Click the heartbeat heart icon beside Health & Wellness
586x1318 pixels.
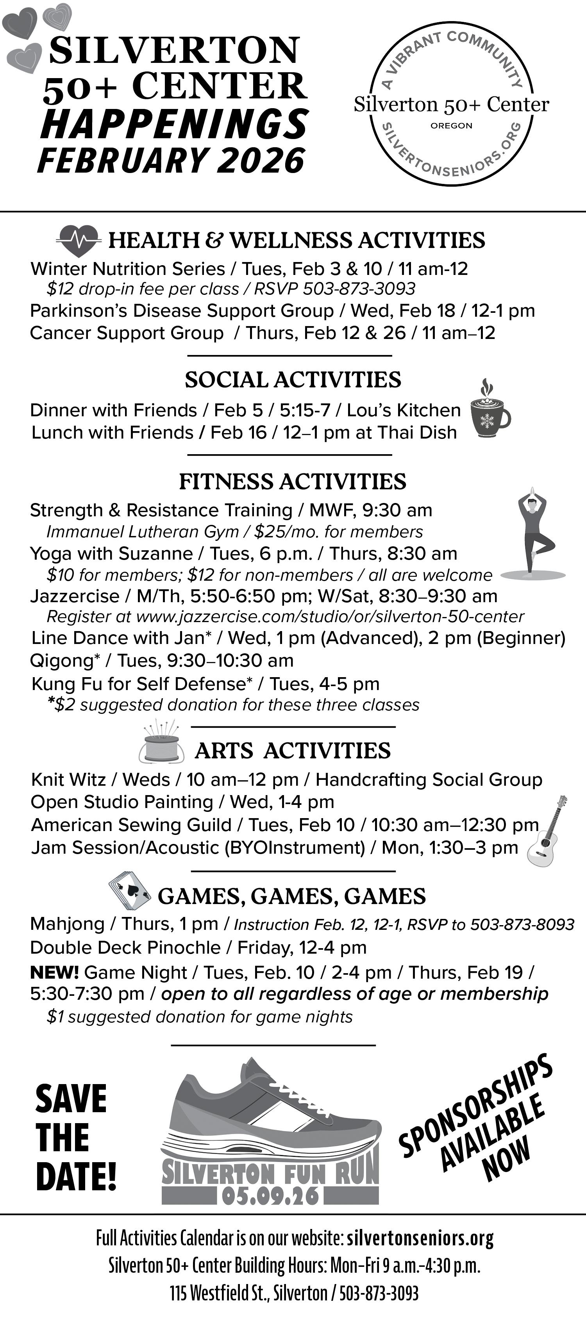pyautogui.click(x=77, y=241)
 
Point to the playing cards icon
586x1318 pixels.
pyautogui.click(x=129, y=893)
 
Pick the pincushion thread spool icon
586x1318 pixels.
pyautogui.click(x=161, y=747)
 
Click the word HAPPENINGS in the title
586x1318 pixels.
pyautogui.click(x=174, y=124)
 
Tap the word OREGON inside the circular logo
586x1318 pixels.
pyautogui.click(x=451, y=126)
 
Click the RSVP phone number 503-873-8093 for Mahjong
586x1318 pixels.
pyautogui.click(x=522, y=924)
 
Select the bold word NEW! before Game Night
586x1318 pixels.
pyautogui.click(x=54, y=972)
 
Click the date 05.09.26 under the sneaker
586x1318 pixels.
pyautogui.click(x=271, y=1196)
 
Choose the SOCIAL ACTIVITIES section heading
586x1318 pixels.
pyautogui.click(x=293, y=380)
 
